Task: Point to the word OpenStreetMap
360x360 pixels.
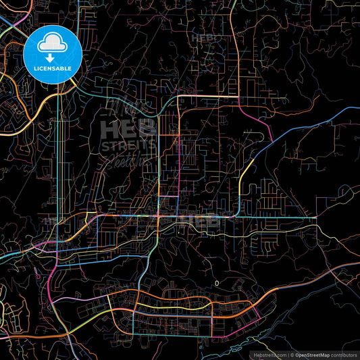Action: pos(313,354)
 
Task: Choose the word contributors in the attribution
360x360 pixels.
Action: pos(344,354)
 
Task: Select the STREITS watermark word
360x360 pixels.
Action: pos(128,145)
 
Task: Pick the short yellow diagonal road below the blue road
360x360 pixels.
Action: pos(247,165)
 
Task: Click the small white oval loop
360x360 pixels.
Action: pos(217,282)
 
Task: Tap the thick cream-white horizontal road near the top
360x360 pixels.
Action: pos(209,96)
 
